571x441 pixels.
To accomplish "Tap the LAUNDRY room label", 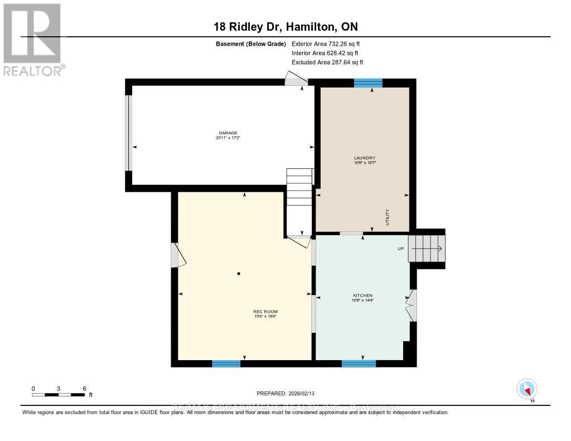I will tap(361, 158).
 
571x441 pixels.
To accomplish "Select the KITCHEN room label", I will tap(362, 295).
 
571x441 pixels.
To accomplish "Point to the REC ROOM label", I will tap(265, 312).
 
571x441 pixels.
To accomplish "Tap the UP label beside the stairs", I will tap(400, 249).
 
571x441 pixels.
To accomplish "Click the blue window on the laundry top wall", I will tap(368, 83).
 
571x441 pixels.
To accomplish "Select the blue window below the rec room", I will tap(226, 364).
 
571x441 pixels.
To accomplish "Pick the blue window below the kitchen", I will tap(359, 364).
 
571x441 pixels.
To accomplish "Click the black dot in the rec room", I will tap(239, 274).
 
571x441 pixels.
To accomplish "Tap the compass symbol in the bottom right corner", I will tap(526, 389).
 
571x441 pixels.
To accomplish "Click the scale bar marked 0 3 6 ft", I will tap(59, 395).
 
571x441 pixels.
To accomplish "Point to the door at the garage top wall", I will tap(294, 80).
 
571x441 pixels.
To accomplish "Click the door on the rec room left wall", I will tap(176, 255).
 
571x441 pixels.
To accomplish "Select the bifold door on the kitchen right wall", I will tap(412, 305).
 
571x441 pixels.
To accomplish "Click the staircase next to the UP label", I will tap(427, 248).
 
